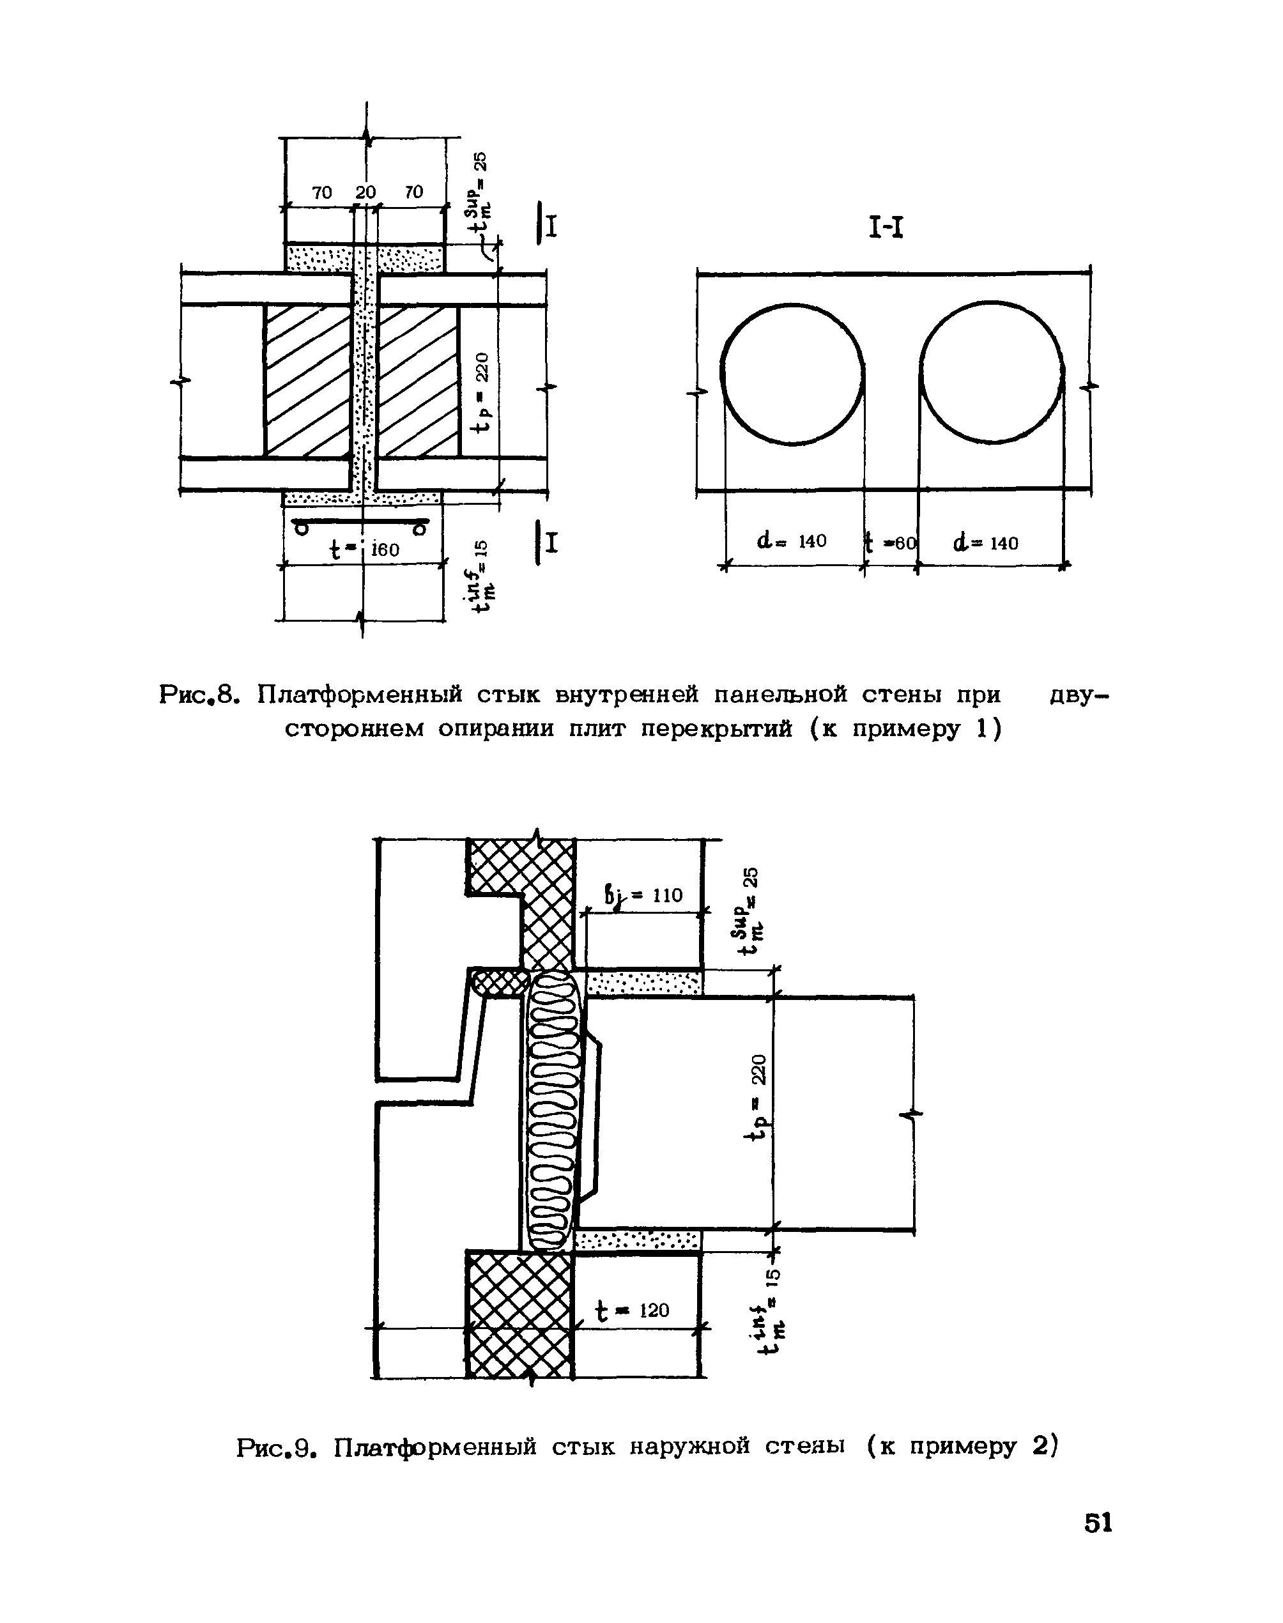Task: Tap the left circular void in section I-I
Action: point(792,374)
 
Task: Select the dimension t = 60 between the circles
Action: point(891,541)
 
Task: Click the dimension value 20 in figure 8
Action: point(366,192)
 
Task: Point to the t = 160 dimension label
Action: point(366,549)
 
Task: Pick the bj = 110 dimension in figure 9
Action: point(644,895)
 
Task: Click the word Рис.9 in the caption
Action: point(275,1447)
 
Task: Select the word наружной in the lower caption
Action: point(689,1447)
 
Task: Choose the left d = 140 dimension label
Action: point(792,541)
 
